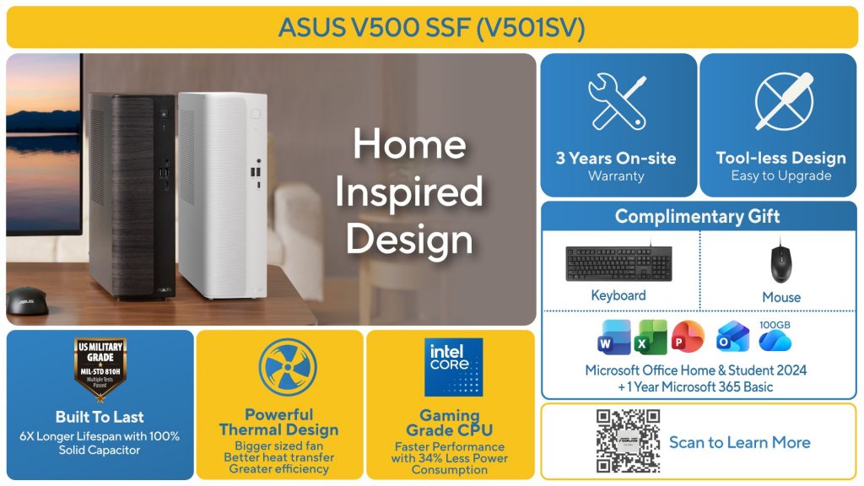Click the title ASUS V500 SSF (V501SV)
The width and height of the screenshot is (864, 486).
[x=431, y=27]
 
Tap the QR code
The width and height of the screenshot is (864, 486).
[x=628, y=441]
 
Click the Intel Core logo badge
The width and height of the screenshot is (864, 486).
[x=454, y=367]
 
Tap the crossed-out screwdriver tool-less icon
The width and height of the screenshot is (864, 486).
[x=783, y=101]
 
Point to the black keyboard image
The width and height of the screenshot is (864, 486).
[x=618, y=264]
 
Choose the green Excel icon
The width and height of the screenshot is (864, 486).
[x=651, y=337]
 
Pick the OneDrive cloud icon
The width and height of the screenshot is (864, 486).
[x=775, y=341]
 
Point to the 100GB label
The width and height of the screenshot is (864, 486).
[x=775, y=324]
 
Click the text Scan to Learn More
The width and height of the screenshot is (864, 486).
[x=739, y=442]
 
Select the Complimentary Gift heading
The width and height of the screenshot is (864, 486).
[x=698, y=216]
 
